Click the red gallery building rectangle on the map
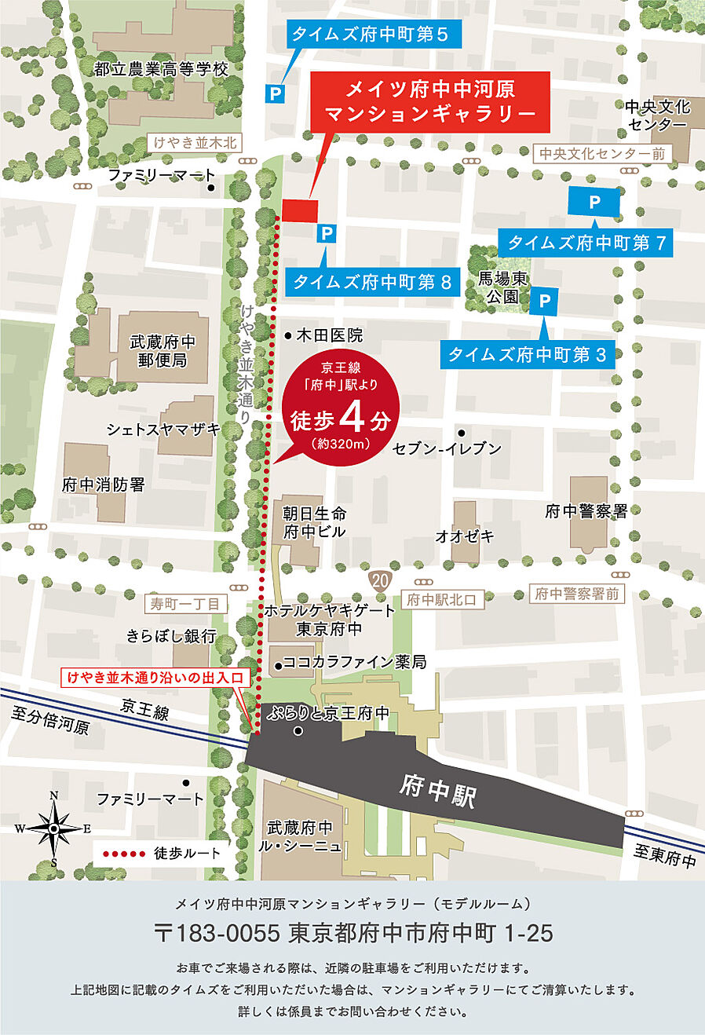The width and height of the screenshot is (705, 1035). (299, 210)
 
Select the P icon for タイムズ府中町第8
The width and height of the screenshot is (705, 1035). (327, 233)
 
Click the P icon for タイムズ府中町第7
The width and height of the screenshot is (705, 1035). (594, 203)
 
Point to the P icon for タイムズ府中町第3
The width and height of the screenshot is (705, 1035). (544, 301)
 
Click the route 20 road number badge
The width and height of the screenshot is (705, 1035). (380, 581)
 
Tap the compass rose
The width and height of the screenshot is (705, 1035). (53, 828)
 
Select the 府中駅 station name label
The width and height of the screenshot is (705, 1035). (437, 790)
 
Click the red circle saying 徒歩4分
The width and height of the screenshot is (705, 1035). (341, 408)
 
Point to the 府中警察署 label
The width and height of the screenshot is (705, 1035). (586, 511)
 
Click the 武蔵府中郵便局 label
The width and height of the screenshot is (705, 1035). (163, 351)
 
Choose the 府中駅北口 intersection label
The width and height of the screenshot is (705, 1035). (441, 600)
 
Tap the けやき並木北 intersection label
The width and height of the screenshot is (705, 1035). (195, 143)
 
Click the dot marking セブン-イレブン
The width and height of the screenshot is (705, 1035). (462, 433)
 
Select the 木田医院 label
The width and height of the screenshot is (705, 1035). (329, 335)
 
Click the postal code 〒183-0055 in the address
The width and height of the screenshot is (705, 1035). (217, 933)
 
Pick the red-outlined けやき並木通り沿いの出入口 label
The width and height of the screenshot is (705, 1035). (156, 677)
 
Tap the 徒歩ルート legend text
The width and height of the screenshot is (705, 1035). (188, 853)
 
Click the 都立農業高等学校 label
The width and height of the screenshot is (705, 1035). (161, 69)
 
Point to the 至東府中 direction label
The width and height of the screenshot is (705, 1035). (666, 857)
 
